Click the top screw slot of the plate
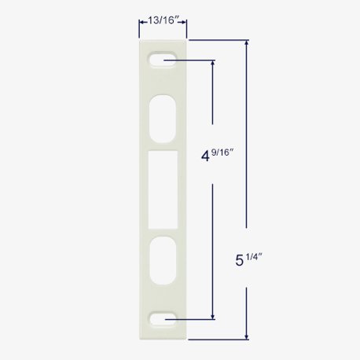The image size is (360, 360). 160,60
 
